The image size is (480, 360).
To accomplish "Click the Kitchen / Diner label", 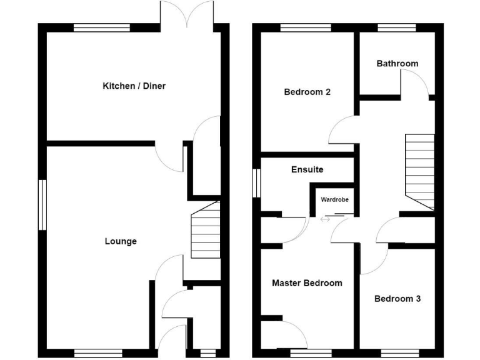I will (134, 86).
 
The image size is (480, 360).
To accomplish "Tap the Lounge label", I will (121, 241).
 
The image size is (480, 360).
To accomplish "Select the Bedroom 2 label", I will (307, 92).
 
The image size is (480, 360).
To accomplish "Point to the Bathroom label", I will (397, 64).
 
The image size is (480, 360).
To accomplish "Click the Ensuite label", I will (307, 169).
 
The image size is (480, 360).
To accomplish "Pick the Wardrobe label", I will (335, 200).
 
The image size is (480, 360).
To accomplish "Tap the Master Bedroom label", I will (307, 283).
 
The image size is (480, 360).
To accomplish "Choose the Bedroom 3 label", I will (397, 299).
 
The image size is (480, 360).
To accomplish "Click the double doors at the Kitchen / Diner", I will (186, 14).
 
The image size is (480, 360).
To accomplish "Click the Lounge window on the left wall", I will (42, 205).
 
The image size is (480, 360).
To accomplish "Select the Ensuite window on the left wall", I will (256, 182).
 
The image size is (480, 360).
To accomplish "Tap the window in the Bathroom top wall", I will (397, 27).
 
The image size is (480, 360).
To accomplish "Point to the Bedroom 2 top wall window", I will (306, 27).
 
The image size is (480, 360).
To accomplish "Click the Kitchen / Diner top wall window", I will (102, 27).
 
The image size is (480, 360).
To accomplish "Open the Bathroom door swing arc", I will (415, 82).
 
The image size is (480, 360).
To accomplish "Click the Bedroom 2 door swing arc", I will (342, 130).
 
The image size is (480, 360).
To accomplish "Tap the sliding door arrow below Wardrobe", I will (326, 219).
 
